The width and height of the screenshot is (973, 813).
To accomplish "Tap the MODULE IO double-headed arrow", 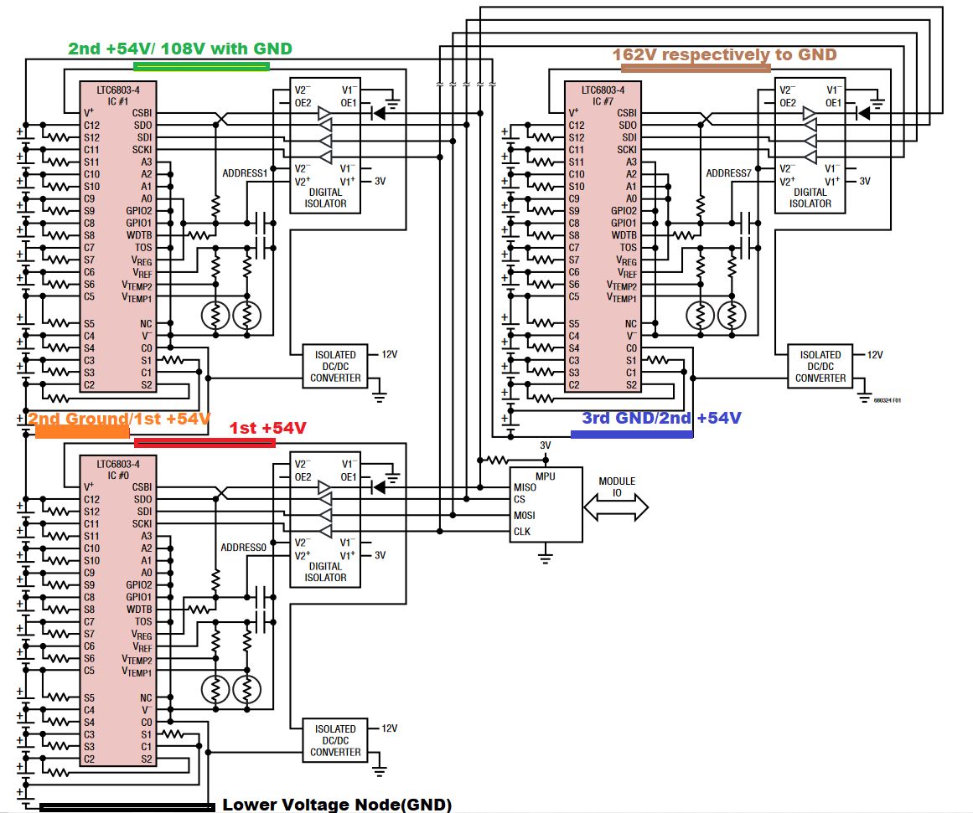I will coord(617,506).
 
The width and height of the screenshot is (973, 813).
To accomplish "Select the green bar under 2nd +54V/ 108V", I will coord(201,66).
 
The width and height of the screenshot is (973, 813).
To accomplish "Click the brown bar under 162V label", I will coord(695,69).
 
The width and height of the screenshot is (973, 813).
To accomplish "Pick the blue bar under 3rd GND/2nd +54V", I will coord(631,435).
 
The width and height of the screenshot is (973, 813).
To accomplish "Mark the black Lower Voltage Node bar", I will coord(127,807).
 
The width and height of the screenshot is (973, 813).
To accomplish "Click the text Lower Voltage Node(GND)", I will coord(337,805).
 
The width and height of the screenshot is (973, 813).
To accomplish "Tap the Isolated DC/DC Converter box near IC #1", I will coord(335,367).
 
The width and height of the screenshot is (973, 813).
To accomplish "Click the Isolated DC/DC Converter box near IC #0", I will coord(335,741).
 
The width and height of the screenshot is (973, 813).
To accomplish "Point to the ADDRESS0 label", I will coord(244,548).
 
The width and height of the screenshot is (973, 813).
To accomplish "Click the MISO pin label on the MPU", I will coord(525,487).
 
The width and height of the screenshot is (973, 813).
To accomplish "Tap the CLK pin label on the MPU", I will coord(522,531).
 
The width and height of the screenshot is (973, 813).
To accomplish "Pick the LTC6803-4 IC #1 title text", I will coord(118,94).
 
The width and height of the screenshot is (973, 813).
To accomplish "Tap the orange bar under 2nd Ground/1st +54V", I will coord(82,433).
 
